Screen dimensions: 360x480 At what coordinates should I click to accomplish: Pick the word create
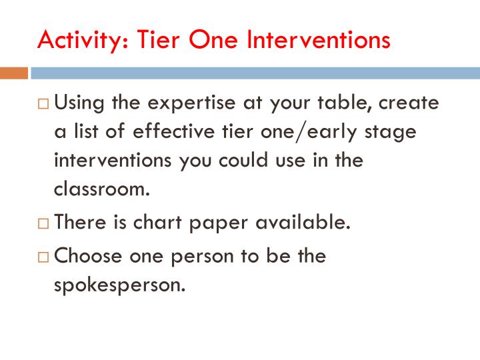pyautogui.click(x=410, y=103)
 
